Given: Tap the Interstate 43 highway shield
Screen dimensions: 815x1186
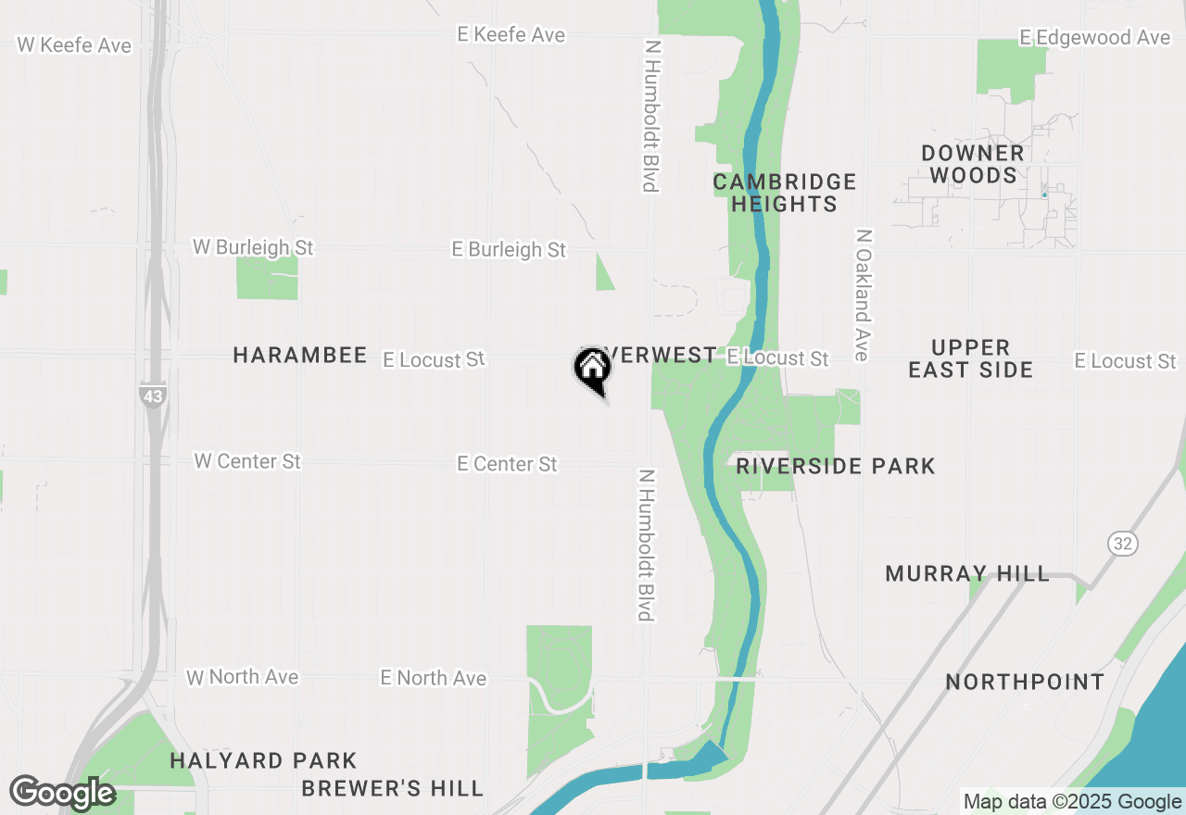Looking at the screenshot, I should coord(152,395).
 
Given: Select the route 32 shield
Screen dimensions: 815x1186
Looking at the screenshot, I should coord(1123,544).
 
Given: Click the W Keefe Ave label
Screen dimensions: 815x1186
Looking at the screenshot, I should coord(74,44).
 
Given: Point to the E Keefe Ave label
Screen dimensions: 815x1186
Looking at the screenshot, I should coord(511,34).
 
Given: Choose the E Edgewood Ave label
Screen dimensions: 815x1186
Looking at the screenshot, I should coord(1094,37).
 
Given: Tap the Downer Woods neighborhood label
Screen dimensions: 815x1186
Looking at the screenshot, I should coord(973,164).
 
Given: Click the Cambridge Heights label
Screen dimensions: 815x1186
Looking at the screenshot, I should coord(785,193).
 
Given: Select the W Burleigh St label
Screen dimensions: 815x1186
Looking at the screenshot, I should coord(253,247).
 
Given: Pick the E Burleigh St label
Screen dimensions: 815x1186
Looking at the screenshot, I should coord(509,249).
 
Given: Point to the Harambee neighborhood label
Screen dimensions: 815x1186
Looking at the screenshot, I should coord(300,356).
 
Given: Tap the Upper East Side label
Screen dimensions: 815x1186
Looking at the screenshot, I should coord(970,358).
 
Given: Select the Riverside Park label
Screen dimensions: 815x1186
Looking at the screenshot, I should coord(836,466).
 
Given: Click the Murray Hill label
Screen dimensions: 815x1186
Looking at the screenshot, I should coord(967,574).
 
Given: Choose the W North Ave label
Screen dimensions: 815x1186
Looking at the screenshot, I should coord(243,677).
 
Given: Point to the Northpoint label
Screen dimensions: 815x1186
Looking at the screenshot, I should coord(1025,683).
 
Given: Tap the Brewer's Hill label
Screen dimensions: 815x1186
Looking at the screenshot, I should coord(393,789).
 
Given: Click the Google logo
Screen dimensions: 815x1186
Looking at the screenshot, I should coord(62,793).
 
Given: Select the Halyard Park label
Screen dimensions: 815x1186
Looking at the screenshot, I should coord(264,761).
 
